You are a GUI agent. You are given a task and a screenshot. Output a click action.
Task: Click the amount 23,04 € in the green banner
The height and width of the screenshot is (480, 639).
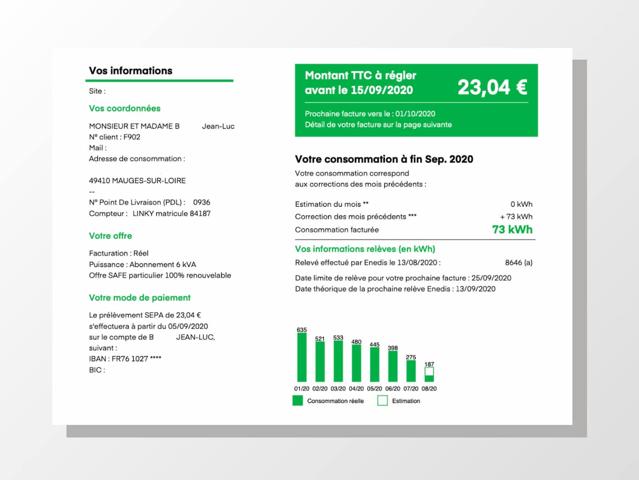492,87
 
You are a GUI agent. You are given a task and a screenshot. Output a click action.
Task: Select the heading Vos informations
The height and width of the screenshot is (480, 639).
131,71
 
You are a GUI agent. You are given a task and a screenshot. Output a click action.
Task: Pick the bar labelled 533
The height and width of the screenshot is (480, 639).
338,361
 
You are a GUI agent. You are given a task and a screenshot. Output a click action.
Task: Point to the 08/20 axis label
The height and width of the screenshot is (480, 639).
429,388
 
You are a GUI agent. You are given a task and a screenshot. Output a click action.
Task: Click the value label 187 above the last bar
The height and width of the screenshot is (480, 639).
429,364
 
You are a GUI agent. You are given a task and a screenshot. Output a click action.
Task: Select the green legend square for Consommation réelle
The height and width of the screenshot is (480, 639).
298,401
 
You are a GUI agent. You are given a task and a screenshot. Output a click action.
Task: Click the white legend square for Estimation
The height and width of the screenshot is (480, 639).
382,401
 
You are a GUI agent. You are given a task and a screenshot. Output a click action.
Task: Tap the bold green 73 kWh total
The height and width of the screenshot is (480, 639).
512,230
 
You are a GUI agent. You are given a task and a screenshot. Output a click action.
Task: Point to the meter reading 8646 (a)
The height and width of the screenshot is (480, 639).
518,262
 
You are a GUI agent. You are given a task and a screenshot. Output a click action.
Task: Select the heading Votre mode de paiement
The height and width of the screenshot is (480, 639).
140,298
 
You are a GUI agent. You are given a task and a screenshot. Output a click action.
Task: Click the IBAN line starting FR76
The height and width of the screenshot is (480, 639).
125,359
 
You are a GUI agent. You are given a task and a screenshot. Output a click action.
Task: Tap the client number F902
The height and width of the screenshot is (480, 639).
132,137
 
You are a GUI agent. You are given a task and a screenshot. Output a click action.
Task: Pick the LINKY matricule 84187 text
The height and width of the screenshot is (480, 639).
171,213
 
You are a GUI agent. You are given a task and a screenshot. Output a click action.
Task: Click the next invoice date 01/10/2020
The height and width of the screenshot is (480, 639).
415,114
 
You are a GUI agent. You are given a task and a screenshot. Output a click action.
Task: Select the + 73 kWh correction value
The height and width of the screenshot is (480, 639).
516,217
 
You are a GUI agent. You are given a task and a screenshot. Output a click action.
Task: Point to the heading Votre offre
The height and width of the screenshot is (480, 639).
111,236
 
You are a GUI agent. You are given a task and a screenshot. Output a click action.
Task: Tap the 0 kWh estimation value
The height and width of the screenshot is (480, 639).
521,204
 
